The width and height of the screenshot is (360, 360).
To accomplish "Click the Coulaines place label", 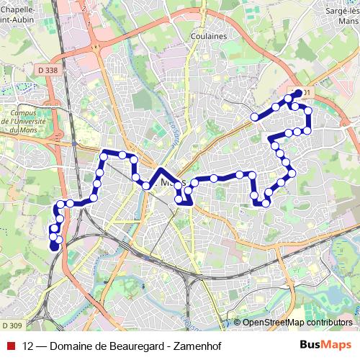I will click(x=210, y=35).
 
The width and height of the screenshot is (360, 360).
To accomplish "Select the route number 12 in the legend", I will click(x=29, y=345).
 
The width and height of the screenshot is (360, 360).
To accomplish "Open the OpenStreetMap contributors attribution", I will click(x=297, y=322).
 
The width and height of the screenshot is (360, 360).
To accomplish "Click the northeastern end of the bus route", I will click(x=299, y=92).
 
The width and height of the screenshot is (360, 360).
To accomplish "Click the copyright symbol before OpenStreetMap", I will click(x=238, y=322).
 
